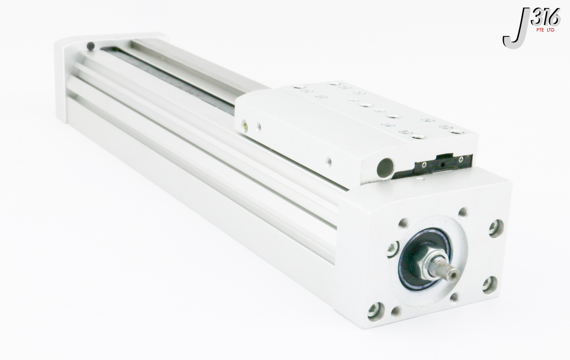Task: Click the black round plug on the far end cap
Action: [x=91, y=46]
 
